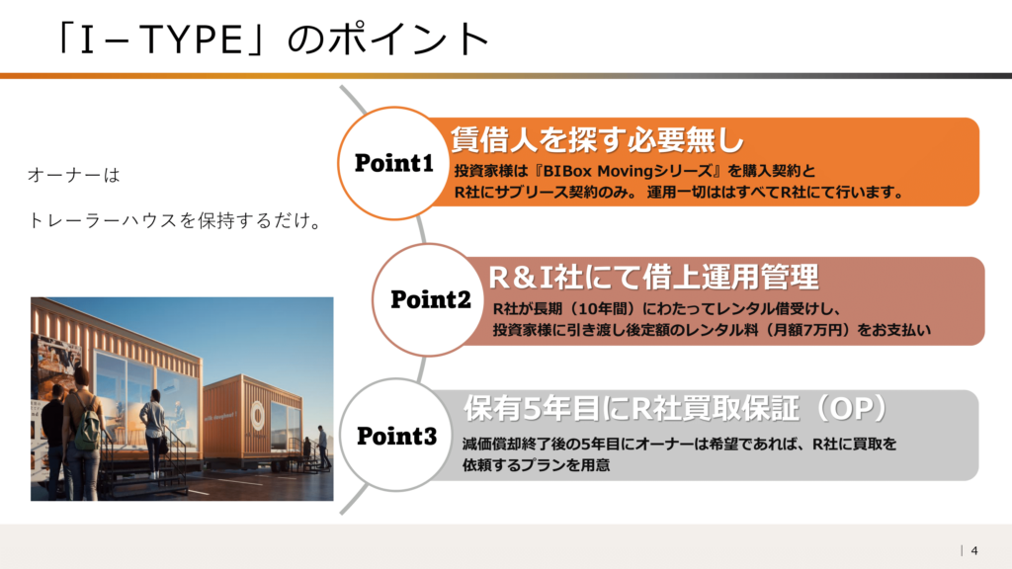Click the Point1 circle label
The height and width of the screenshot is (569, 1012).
point(393,163)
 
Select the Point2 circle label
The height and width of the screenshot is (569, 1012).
point(431,299)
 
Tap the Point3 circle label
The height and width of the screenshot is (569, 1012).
point(397,436)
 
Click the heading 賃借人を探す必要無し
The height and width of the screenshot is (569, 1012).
point(597,139)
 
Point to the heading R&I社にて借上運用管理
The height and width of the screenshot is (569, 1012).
point(653,278)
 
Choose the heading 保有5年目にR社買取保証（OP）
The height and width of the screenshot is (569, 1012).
point(676,408)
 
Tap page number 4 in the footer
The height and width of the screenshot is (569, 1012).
point(973,550)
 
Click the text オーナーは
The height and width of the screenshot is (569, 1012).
point(73,176)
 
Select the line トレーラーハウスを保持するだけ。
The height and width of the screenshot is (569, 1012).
point(175,220)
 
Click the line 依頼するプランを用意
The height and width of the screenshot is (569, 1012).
point(536,465)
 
